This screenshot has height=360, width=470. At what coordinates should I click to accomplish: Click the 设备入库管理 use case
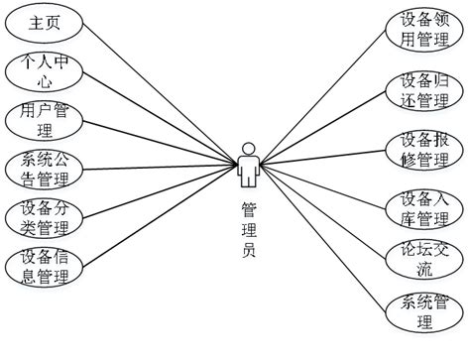pos(426,206)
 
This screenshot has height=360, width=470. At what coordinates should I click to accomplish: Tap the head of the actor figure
pos(250,152)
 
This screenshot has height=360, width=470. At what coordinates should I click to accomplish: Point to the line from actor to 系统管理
pos(327,244)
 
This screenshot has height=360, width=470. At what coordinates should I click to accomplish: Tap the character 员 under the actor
pos(250,252)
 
